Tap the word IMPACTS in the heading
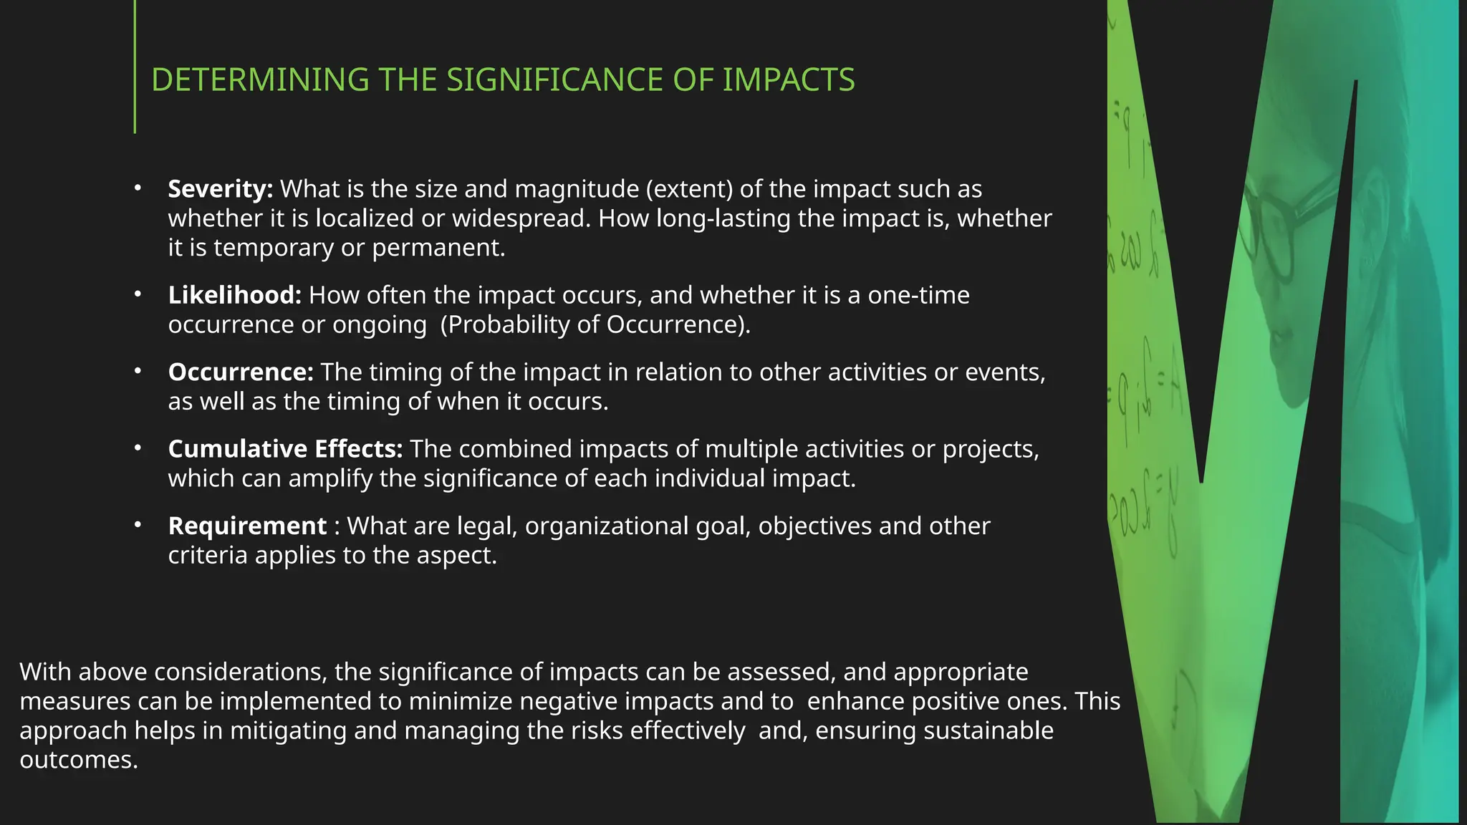[788, 79]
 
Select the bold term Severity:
[220, 189]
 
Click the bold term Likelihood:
[234, 295]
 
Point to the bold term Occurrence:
[241, 372]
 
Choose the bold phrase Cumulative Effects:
[285, 449]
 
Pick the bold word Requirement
[247, 526]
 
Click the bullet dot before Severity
[138, 188]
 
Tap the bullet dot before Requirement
[138, 526]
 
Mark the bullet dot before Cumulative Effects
[138, 448]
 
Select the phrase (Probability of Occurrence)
[595, 324]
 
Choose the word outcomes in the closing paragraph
[78, 760]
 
